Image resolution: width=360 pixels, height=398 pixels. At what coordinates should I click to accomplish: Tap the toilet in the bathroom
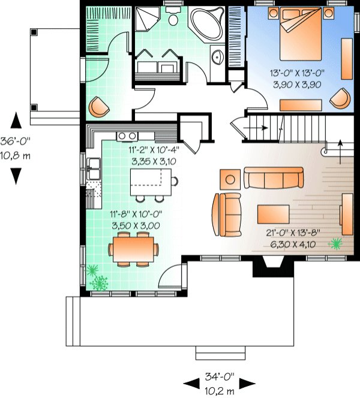pos(173,18)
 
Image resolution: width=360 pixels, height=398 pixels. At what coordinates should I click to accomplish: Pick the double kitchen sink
pos(93,168)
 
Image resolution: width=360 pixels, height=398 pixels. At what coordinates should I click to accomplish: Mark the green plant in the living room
pos(337,243)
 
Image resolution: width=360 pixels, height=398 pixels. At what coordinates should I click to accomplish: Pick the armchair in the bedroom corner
pos(341,97)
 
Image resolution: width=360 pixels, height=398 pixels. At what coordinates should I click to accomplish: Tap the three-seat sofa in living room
pos(274,177)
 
